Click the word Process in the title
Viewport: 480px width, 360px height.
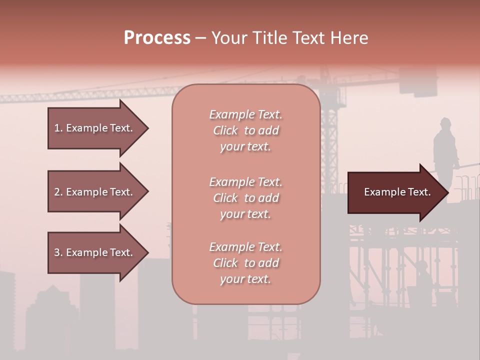coord(157,38)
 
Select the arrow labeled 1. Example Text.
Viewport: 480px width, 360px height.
coord(95,128)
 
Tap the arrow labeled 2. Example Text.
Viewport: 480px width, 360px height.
coord(95,192)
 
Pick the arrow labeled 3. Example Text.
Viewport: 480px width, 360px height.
coord(95,252)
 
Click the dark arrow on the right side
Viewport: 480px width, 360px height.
coord(395,192)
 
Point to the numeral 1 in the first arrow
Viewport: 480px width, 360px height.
coord(56,128)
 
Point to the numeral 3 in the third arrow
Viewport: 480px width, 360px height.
coord(56,252)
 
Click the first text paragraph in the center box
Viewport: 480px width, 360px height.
coord(245,130)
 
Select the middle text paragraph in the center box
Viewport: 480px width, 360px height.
coord(245,198)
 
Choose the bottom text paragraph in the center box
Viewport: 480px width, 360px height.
coord(245,263)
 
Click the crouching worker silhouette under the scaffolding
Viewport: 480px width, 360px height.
coord(421,280)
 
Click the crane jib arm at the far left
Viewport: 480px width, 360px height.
coord(75,94)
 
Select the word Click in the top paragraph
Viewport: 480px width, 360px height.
coord(225,130)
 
